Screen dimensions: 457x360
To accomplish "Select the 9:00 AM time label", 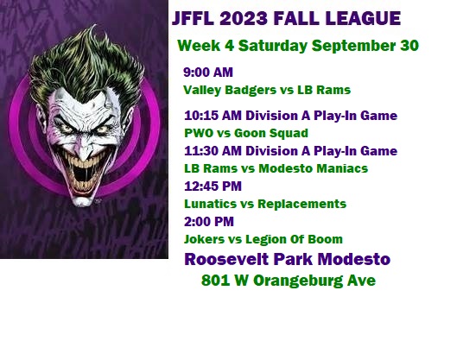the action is click(208, 73).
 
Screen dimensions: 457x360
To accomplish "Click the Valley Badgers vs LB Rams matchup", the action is click(267, 90).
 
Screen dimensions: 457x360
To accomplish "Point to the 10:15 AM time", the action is click(213, 116).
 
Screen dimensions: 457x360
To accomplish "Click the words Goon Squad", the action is click(271, 134).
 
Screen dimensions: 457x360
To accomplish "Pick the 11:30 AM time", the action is click(213, 151).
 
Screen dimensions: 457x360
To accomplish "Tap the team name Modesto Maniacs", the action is click(314, 168).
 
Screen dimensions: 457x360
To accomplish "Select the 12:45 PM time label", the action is click(213, 186).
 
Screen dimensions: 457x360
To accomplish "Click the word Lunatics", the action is click(210, 204).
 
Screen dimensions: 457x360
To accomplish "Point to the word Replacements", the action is click(302, 204).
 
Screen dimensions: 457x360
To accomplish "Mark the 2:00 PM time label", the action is click(209, 222).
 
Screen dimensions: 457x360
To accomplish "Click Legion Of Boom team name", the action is click(294, 239).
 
